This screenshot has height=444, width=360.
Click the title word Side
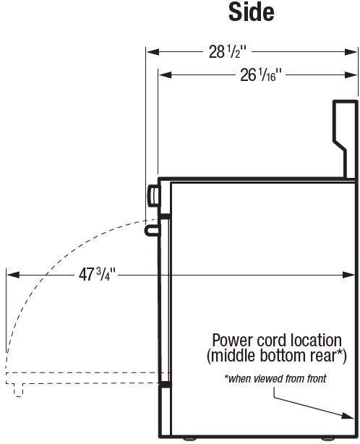[x=252, y=12]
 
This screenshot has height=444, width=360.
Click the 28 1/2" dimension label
[x=228, y=52]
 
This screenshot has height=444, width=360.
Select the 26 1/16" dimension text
[x=261, y=75]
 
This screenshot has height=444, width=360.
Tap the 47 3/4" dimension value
[x=97, y=274]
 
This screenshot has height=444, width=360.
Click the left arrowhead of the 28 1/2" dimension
[x=153, y=52]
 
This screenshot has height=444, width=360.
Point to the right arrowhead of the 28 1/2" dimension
[x=351, y=52]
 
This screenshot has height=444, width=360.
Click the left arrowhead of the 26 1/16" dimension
[x=165, y=75]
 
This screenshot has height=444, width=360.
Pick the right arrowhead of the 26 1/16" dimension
[x=351, y=75]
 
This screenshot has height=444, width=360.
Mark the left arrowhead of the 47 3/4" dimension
[x=13, y=275]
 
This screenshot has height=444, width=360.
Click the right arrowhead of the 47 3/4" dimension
[x=348, y=275]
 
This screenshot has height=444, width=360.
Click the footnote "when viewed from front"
[x=275, y=378]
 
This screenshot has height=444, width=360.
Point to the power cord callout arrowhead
[x=348, y=416]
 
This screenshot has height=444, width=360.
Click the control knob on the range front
[x=154, y=196]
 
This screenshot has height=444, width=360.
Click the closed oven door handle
[x=153, y=230]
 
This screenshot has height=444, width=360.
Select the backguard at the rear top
[x=345, y=140]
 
